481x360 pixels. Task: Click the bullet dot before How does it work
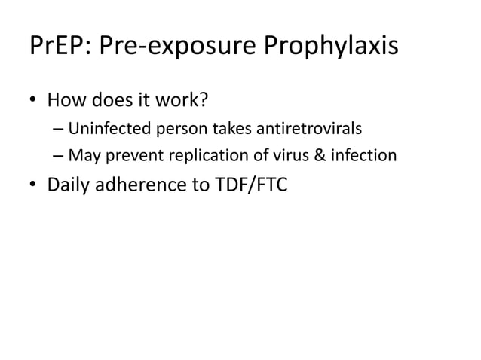[32, 100]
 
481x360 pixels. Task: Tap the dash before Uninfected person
[58, 129]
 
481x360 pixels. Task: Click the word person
[171, 130]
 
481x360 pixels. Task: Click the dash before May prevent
[58, 157]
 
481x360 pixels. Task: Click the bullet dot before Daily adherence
[32, 185]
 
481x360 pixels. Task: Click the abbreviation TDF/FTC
[249, 185]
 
